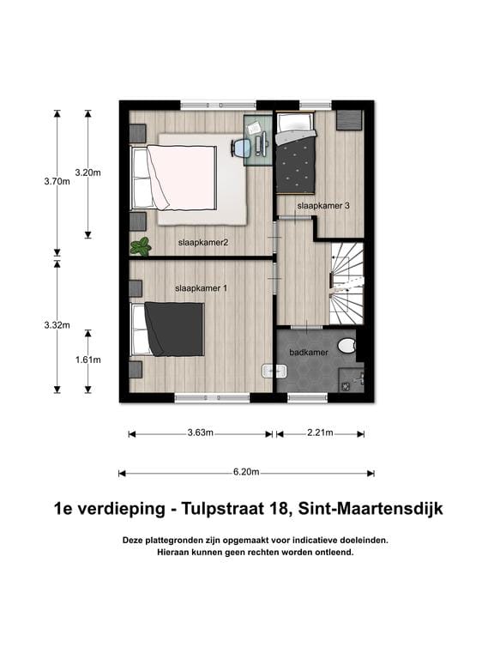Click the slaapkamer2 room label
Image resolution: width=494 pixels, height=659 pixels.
click(202, 243)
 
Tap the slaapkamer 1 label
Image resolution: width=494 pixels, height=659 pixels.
click(201, 288)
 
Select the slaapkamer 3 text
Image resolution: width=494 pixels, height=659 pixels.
click(323, 207)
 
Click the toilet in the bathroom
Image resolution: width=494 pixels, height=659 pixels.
click(346, 346)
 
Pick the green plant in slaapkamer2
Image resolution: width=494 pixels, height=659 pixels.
click(140, 247)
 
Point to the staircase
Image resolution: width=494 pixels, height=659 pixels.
click(347, 283)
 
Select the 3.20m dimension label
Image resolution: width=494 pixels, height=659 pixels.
click(87, 172)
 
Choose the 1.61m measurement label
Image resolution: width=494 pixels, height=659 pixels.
click(87, 360)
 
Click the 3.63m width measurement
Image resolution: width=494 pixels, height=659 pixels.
click(201, 433)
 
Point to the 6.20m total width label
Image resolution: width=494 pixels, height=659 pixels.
click(246, 472)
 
